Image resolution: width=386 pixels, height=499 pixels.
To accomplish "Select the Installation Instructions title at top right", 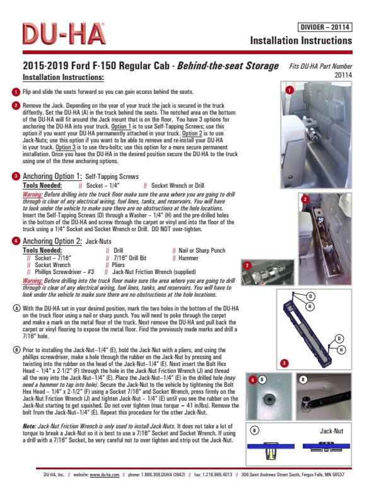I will (x=301, y=40).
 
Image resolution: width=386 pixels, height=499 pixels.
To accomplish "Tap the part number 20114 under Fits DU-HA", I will (x=341, y=74).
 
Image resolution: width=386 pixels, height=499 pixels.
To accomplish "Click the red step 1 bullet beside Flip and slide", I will (x=16, y=92).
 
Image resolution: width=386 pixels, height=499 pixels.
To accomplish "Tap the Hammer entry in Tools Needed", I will (x=189, y=258).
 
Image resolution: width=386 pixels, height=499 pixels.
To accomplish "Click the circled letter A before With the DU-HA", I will (x=16, y=308).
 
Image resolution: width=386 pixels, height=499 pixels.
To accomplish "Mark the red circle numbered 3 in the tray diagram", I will (x=284, y=364).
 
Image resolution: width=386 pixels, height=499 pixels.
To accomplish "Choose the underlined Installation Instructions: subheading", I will (x=63, y=77).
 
